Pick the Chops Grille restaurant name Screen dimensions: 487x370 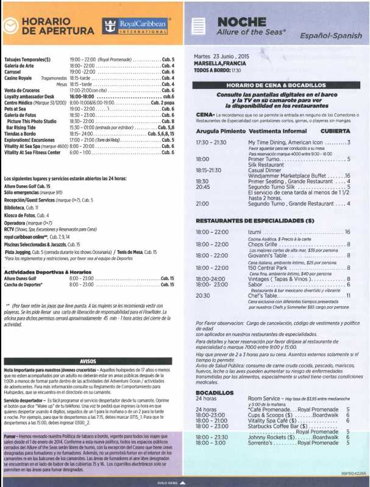tap(264, 244)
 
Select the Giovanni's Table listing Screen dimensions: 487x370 tap(268, 256)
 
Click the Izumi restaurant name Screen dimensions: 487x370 tap(255, 232)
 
